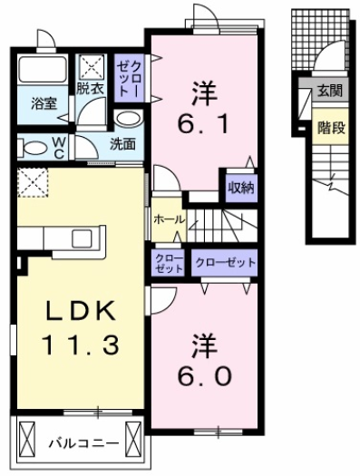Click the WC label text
pos(58,147)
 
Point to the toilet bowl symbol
pos(32,147)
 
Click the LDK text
pos(80,311)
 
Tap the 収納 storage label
pos(239,188)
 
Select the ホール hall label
pos(169,220)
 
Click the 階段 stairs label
pos(330,127)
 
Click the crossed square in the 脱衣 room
pos(91,66)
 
